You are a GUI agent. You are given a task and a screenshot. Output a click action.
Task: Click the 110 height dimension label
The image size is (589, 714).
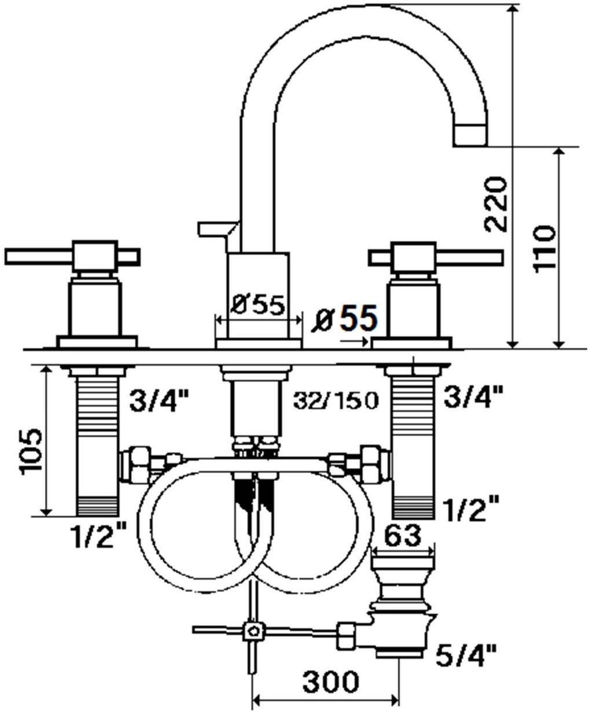pos(544,249)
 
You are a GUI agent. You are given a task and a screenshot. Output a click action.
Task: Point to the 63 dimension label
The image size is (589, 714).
pos(402,536)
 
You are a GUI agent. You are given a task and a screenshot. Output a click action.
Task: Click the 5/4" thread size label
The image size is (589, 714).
pos(466,656)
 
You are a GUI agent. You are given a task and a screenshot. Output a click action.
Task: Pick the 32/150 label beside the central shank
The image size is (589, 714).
pos(335,400)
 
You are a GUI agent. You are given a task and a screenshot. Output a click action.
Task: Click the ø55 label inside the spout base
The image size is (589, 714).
pos(258,304)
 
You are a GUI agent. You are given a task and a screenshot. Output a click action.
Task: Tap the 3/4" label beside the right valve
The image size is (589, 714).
pos(473,397)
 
